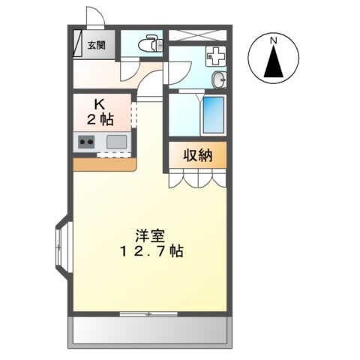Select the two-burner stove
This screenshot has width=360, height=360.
84,142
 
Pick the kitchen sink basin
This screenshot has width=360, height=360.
116,141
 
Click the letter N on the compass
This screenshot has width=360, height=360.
274,40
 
